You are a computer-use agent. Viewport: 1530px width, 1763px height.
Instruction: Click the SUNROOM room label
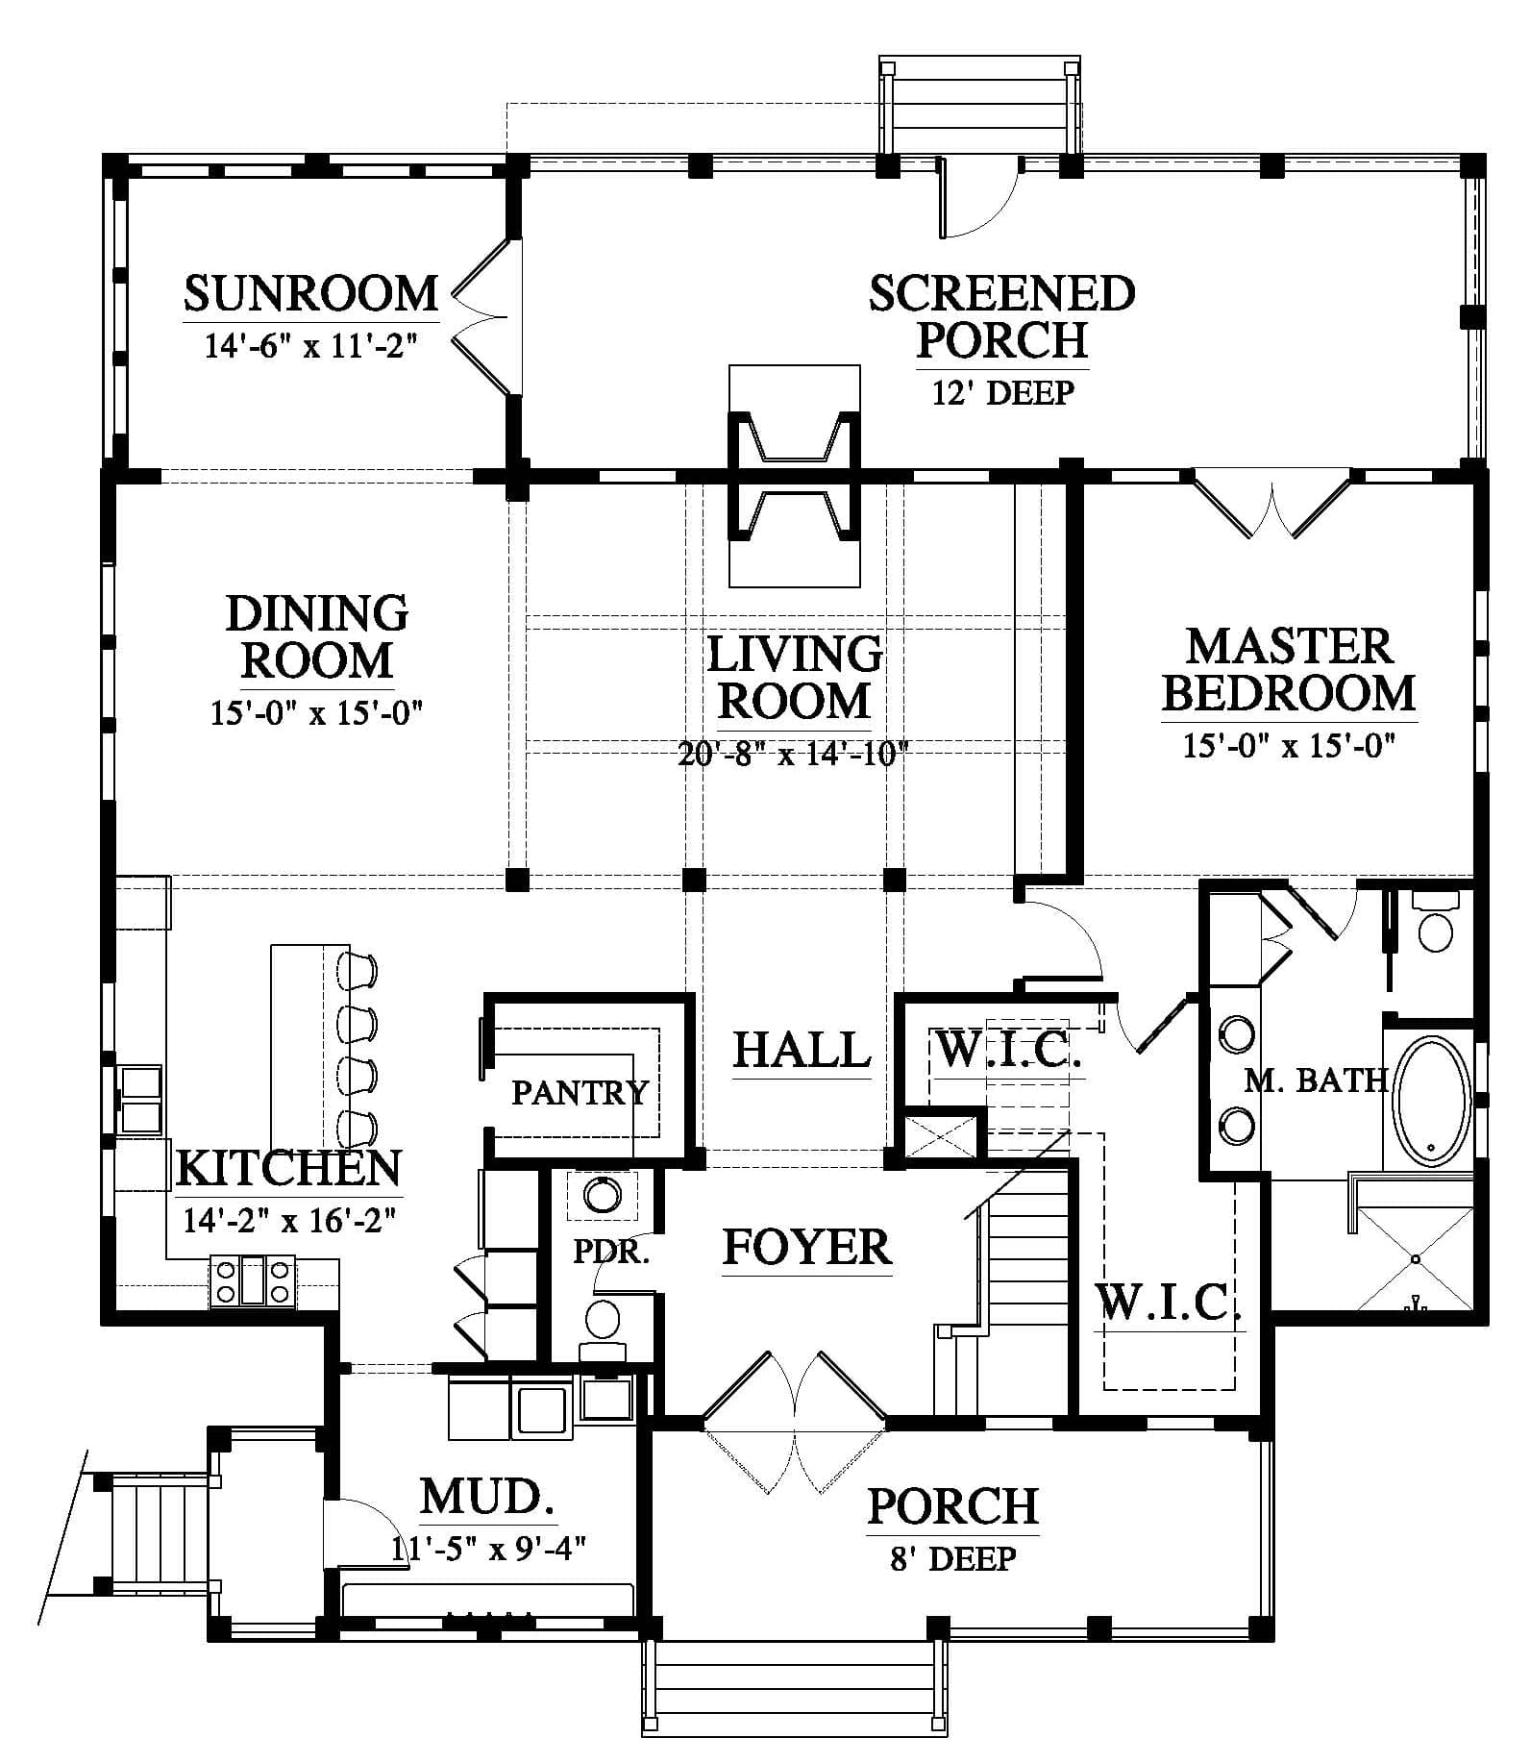point(310,294)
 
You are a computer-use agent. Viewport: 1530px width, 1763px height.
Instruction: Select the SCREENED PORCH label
point(1002,316)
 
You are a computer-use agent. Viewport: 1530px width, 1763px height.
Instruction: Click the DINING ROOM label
point(316,636)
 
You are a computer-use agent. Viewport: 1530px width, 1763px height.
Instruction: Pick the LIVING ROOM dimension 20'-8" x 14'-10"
point(793,753)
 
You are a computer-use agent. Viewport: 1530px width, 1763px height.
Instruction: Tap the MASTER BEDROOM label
point(1289,669)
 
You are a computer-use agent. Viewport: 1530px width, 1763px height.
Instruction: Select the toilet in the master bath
point(1436,924)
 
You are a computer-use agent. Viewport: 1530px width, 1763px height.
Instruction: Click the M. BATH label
point(1317,1080)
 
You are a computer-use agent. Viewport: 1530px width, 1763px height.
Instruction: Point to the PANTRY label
point(580,1092)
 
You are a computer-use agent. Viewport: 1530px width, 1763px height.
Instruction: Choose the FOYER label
point(806,1247)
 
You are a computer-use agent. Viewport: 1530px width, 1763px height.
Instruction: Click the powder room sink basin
point(603,1196)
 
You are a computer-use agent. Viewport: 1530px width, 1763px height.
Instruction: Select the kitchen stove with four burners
point(252,1282)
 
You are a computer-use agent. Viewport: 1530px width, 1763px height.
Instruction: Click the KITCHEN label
point(288,1168)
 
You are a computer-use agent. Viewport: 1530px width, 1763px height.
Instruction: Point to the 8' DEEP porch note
point(952,1558)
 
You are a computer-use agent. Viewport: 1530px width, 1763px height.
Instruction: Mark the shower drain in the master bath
point(1416,1259)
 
